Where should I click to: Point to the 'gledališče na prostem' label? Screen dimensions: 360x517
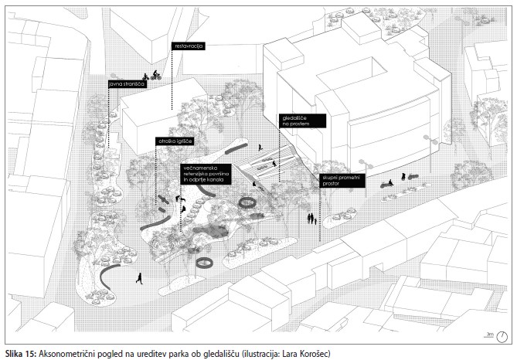point(301,120)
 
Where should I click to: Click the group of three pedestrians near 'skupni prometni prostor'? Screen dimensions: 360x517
point(312,219)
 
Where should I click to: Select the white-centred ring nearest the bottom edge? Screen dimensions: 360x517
point(205,263)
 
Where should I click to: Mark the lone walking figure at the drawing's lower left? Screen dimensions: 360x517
point(138,278)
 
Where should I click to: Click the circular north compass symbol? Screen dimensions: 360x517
point(502,336)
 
